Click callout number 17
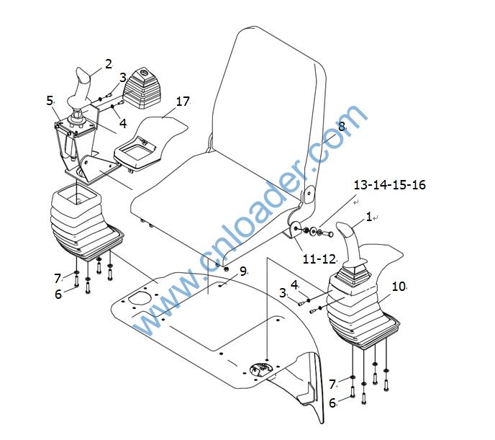(x=183, y=102)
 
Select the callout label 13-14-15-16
(x=389, y=185)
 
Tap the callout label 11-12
(x=319, y=259)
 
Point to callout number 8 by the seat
(x=342, y=127)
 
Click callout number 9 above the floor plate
(x=242, y=271)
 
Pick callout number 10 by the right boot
(x=398, y=287)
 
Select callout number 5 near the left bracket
(x=50, y=101)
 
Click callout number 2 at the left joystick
(x=109, y=64)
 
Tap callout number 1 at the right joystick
(x=368, y=217)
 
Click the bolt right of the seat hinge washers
(x=327, y=234)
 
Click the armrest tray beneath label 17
(x=137, y=154)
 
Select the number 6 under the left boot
(x=58, y=294)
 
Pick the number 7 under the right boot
(x=332, y=385)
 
